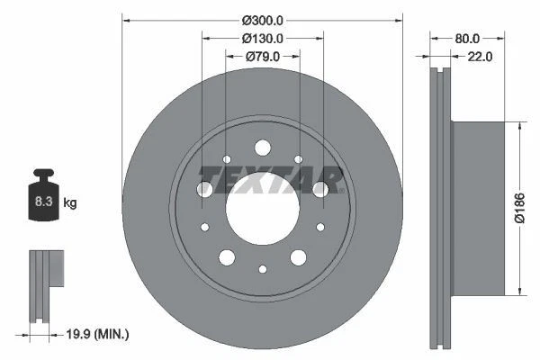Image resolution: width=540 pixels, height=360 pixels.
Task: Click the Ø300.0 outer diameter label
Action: pos(262,19)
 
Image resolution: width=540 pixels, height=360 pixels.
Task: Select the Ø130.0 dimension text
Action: pos(262,38)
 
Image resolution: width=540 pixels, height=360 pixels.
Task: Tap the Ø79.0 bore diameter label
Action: pos(262,56)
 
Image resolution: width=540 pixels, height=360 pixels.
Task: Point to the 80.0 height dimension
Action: pos(467,39)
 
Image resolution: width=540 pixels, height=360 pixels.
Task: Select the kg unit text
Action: pos(70,203)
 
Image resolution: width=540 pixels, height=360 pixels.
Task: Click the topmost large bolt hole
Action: pos(262,148)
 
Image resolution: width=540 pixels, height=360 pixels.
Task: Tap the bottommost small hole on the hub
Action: pos(262,268)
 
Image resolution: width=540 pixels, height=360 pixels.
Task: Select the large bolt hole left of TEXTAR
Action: pos(205,188)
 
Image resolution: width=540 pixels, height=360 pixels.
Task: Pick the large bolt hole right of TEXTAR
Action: pos(319,188)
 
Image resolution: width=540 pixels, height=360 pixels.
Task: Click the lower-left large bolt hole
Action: pos(227,257)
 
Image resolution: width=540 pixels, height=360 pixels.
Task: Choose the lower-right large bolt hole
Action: pos(298,257)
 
